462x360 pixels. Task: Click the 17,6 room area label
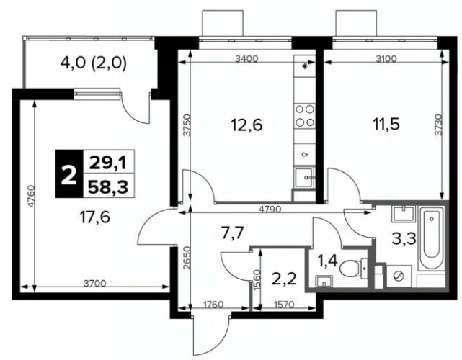[x=95, y=217]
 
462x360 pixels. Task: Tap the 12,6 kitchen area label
[x=246, y=125]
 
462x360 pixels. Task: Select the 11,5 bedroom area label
[x=386, y=124]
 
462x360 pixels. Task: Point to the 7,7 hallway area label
[x=233, y=234]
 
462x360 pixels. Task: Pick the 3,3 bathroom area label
[x=404, y=238]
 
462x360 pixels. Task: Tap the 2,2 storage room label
[x=284, y=279]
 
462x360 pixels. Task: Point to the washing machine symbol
[x=399, y=276]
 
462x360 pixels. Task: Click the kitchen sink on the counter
[x=304, y=177]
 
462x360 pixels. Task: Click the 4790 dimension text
[x=270, y=210]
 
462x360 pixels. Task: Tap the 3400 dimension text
[x=246, y=59]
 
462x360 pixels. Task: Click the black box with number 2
[x=69, y=174]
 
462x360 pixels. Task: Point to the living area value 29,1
[x=108, y=163]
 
